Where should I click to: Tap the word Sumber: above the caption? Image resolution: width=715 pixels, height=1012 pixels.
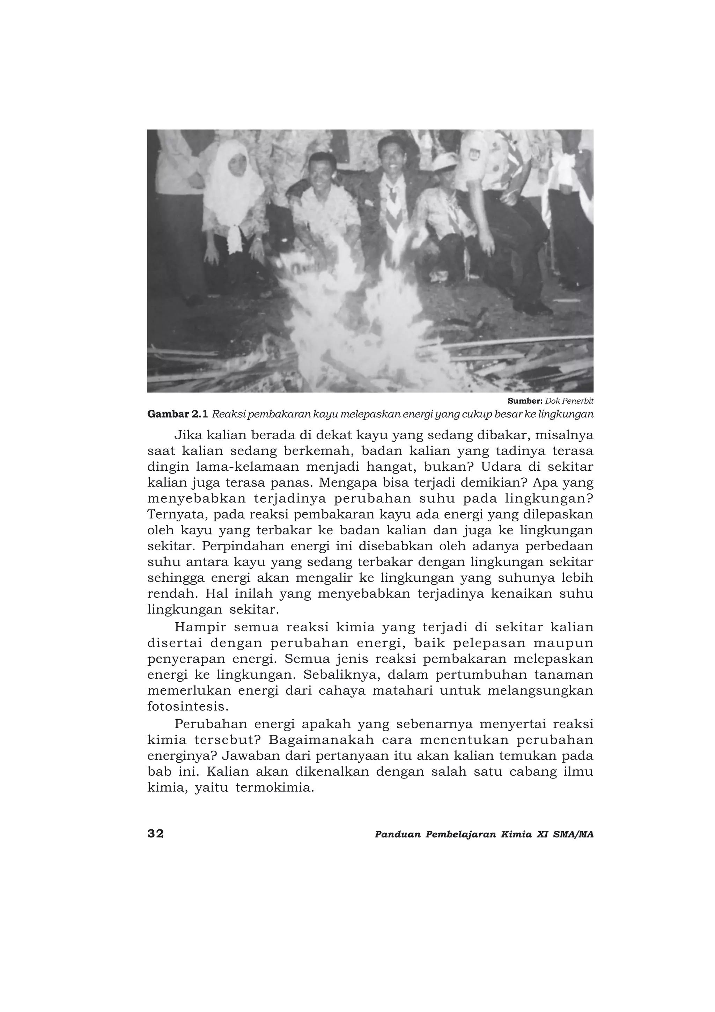point(525,401)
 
